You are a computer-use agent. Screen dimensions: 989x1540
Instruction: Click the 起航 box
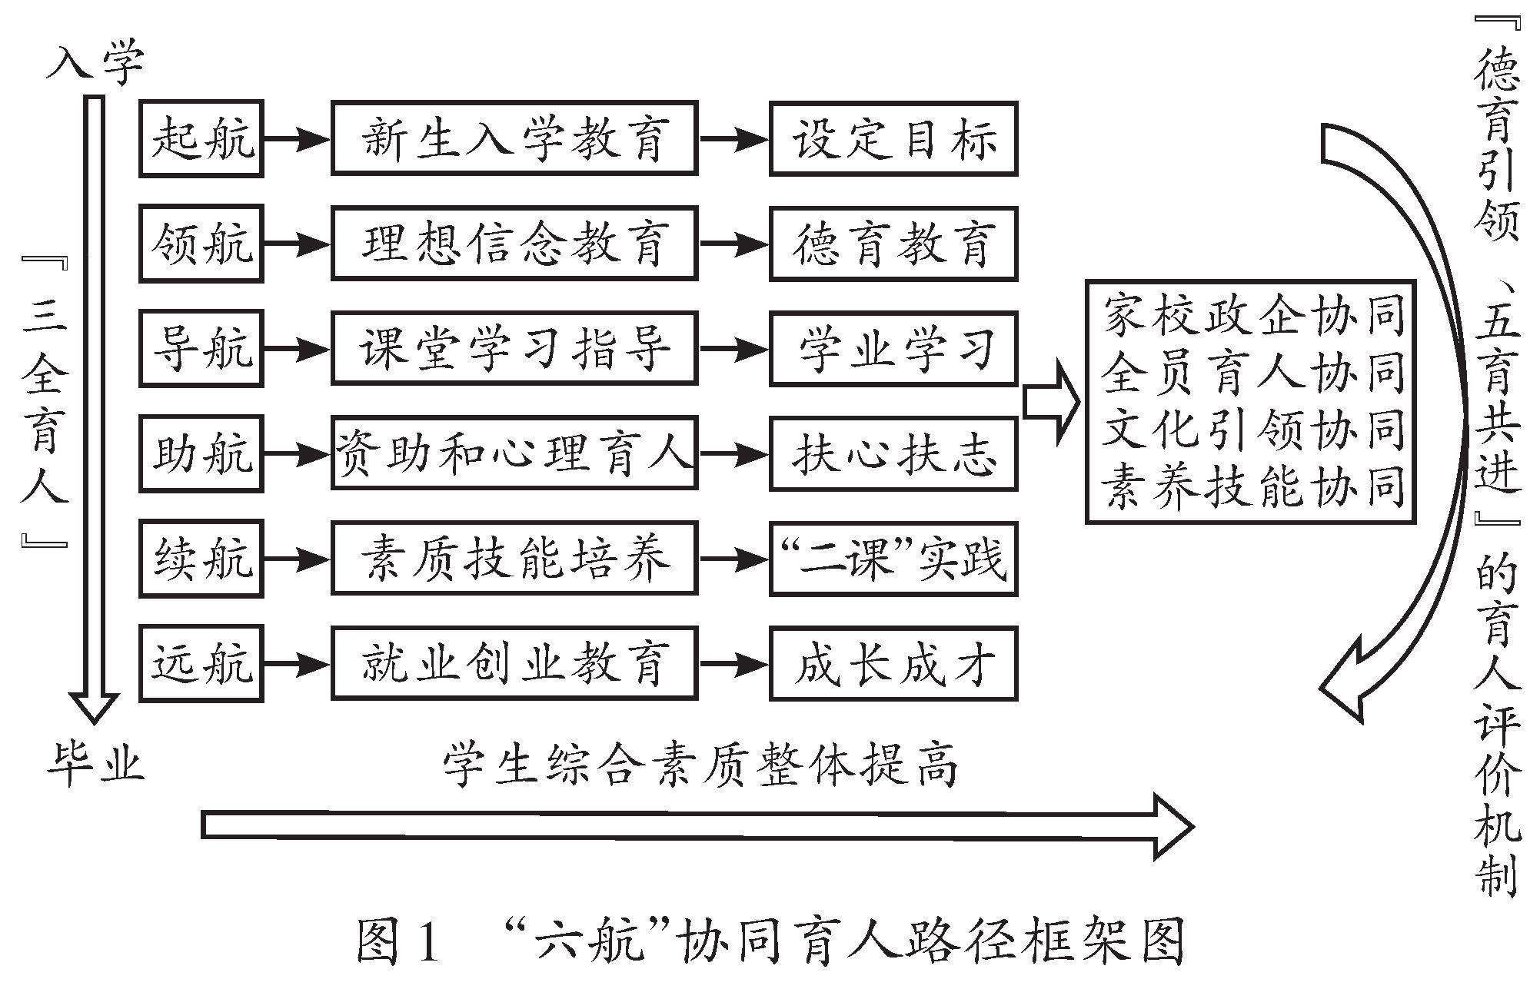point(201,139)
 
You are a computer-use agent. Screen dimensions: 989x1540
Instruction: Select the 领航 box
point(201,244)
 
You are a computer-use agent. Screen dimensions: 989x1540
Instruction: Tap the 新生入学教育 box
point(514,139)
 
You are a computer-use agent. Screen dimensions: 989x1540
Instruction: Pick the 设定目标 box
point(893,139)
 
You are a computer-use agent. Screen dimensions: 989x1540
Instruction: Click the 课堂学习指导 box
point(514,349)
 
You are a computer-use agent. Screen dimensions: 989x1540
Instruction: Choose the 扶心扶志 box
point(893,453)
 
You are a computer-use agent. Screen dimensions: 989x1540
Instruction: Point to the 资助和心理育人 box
point(514,453)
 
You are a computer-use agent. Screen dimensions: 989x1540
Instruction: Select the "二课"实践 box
point(893,559)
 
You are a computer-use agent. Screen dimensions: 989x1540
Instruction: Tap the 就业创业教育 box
point(514,663)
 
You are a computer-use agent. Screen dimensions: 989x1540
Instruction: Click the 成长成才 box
point(893,663)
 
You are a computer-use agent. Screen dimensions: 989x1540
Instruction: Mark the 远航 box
point(201,663)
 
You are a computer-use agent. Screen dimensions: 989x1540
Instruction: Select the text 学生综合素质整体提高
point(700,765)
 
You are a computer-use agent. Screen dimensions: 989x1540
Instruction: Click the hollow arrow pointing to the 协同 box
point(1052,403)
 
